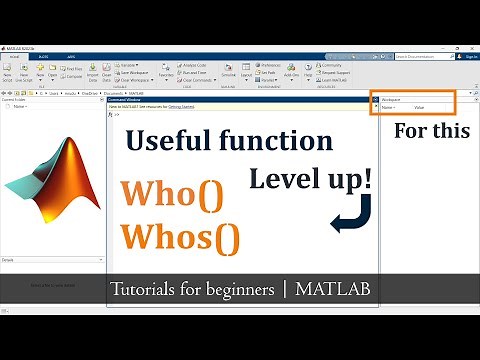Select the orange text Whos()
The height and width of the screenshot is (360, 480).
click(181, 239)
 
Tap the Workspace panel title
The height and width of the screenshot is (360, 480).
click(391, 100)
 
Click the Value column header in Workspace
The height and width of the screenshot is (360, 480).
click(420, 107)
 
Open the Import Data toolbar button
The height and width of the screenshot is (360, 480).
click(92, 74)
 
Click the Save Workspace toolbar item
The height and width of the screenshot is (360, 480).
click(140, 73)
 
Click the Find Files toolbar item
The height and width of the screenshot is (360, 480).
click(73, 67)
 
